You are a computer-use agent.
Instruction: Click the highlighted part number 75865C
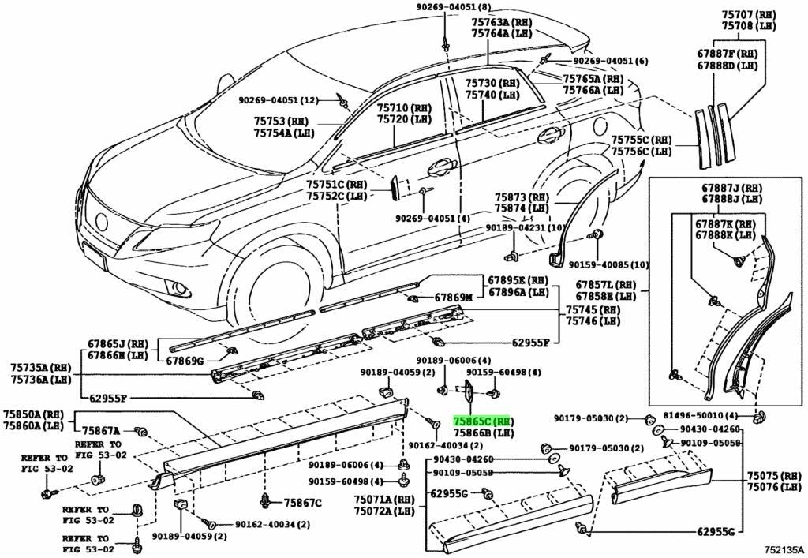[x=481, y=421]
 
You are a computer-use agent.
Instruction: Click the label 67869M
[x=453, y=298]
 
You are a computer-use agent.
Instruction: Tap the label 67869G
[x=185, y=361]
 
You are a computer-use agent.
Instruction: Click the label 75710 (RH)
[x=402, y=107]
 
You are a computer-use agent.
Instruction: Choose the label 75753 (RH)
[x=281, y=122]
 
